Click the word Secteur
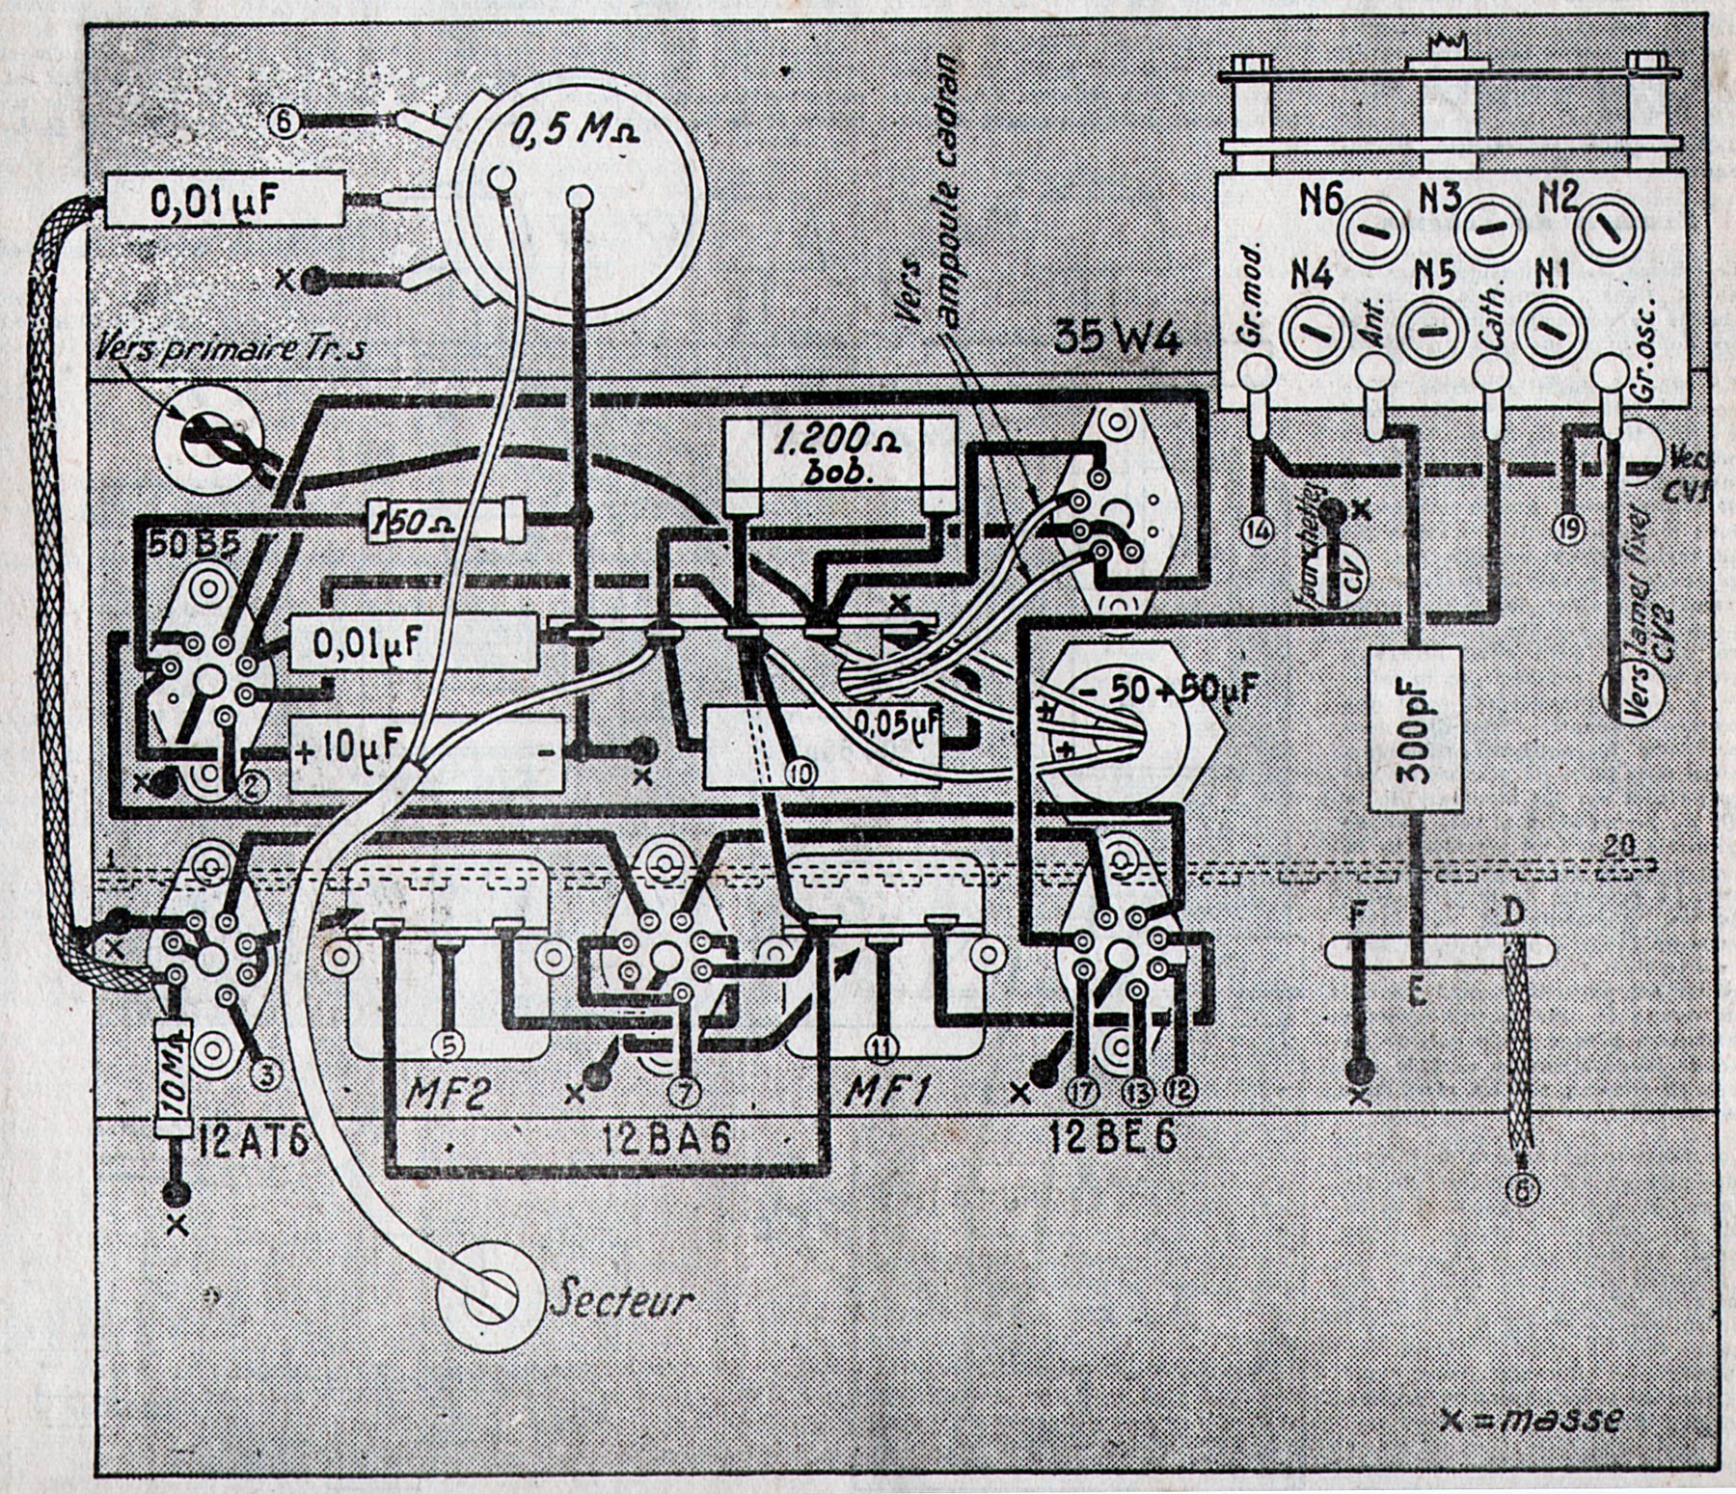[622, 1301]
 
